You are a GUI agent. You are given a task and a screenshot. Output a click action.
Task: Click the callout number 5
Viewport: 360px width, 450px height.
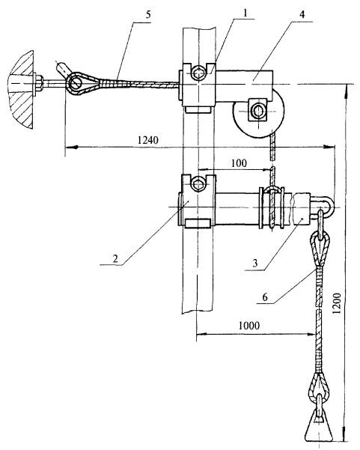click(x=147, y=15)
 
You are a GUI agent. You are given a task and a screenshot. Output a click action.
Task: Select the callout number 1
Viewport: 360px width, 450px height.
click(x=245, y=13)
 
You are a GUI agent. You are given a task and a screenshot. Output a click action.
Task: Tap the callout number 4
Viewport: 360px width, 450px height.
click(x=302, y=14)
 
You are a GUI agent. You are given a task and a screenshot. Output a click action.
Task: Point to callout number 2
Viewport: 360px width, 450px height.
click(x=115, y=259)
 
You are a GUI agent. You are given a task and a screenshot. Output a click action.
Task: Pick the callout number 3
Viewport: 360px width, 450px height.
click(x=255, y=264)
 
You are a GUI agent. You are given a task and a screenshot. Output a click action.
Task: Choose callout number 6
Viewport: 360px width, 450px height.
click(x=265, y=297)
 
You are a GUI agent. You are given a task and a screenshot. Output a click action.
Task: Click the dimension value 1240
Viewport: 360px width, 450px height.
click(x=147, y=140)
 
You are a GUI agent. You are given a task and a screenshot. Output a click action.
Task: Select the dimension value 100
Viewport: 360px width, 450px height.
click(x=239, y=163)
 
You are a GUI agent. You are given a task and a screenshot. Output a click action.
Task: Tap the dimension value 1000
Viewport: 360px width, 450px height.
click(x=248, y=326)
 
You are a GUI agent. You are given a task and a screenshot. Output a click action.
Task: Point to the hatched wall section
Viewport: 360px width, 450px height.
click(x=21, y=89)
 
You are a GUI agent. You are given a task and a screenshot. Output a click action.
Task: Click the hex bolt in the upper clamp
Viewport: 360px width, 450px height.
click(x=199, y=73)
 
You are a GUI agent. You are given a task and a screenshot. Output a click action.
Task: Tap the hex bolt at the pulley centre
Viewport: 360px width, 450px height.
click(x=257, y=111)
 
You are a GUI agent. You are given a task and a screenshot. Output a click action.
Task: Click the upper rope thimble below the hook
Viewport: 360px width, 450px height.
click(x=320, y=247)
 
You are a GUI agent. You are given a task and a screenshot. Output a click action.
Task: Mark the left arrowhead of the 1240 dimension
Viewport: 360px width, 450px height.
click(x=71, y=148)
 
